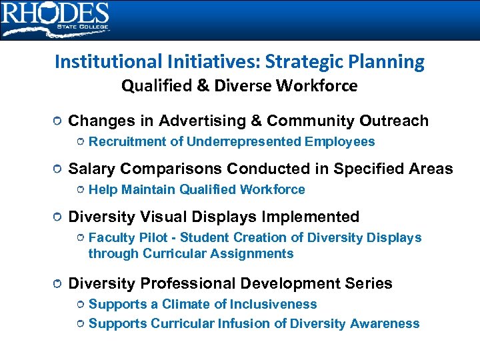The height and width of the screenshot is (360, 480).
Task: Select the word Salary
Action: pyautogui.click(x=91, y=169)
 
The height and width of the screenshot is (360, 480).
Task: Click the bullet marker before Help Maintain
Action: pyautogui.click(x=79, y=191)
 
